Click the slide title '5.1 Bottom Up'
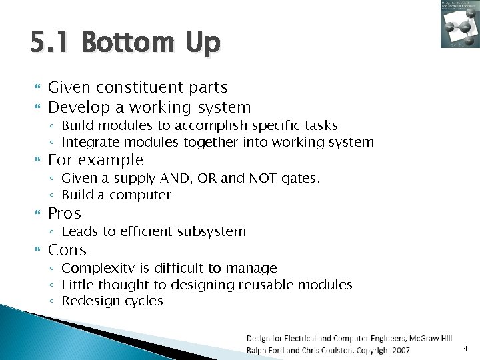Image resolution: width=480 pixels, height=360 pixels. point(125,43)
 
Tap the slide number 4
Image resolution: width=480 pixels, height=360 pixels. point(465,348)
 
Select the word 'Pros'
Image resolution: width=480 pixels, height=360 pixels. point(65,213)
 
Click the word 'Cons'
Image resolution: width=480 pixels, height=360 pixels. point(67,250)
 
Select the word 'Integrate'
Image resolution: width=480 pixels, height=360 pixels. point(85,142)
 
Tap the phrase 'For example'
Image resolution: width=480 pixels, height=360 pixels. point(96,160)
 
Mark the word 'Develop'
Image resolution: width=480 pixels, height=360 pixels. point(78,107)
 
